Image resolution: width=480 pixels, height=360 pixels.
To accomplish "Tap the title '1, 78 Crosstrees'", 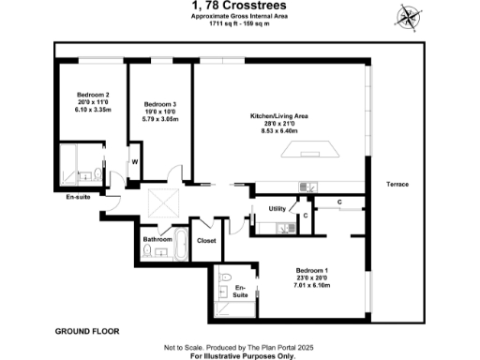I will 239,7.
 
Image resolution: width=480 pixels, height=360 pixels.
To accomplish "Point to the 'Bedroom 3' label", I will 161,104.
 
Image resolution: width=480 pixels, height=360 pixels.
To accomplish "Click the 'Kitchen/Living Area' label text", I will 278,115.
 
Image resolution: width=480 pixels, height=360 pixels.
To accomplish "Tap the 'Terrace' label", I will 397,185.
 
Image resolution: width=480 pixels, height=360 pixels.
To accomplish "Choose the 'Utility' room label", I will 277,208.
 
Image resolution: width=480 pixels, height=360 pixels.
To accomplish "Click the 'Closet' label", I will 206,241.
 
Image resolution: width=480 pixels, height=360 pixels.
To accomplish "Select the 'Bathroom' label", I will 157,239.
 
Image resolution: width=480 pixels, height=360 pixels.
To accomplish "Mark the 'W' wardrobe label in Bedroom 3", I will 135,162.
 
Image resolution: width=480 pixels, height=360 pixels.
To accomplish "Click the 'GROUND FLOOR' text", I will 86,332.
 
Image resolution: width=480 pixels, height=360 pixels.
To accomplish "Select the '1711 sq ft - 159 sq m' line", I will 239,23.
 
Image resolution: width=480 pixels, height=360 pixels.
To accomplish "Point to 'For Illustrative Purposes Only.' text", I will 242,356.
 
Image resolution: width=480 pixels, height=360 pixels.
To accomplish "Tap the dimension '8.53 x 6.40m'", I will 278,131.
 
